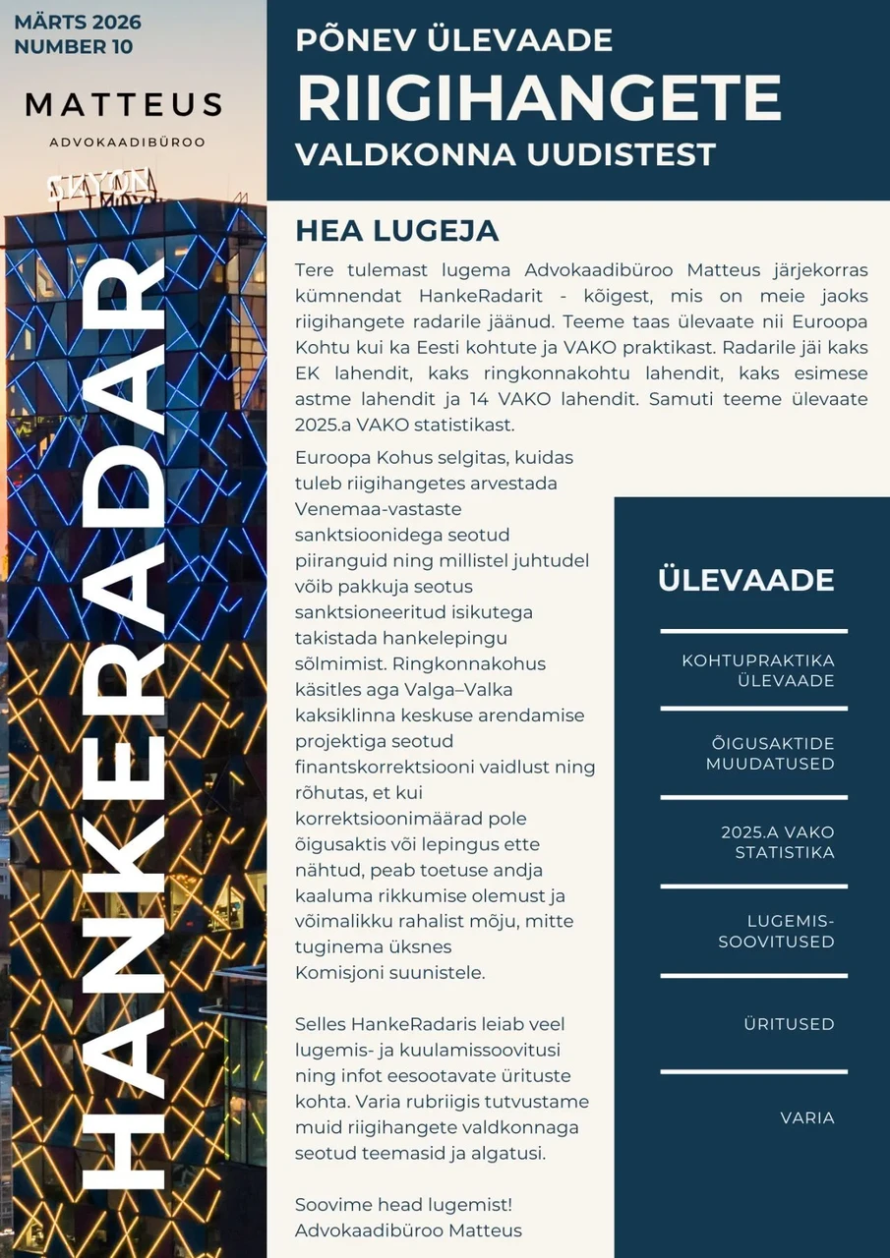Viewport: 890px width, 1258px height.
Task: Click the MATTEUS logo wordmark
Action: [124, 104]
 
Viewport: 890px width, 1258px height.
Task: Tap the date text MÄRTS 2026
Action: [78, 22]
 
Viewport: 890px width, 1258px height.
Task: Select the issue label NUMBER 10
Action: [74, 46]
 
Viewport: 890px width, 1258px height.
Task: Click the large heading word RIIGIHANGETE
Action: [539, 97]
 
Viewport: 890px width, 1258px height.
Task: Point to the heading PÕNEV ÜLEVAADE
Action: [454, 40]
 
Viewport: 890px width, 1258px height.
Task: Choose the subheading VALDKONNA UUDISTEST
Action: [505, 154]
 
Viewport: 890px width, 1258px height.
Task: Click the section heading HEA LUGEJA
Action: [397, 231]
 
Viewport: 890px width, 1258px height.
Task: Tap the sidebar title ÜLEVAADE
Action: [745, 580]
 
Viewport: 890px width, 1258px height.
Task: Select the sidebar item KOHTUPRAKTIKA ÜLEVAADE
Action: [758, 670]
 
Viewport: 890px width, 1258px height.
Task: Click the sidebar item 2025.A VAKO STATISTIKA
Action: [777, 842]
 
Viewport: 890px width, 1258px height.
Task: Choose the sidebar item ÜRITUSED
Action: [789, 1024]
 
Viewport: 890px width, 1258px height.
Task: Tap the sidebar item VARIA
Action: [807, 1117]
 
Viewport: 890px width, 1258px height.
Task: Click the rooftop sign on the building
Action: [101, 185]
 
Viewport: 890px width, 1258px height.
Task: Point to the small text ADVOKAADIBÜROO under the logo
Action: [127, 143]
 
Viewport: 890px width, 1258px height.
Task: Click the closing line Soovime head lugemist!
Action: [404, 1204]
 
